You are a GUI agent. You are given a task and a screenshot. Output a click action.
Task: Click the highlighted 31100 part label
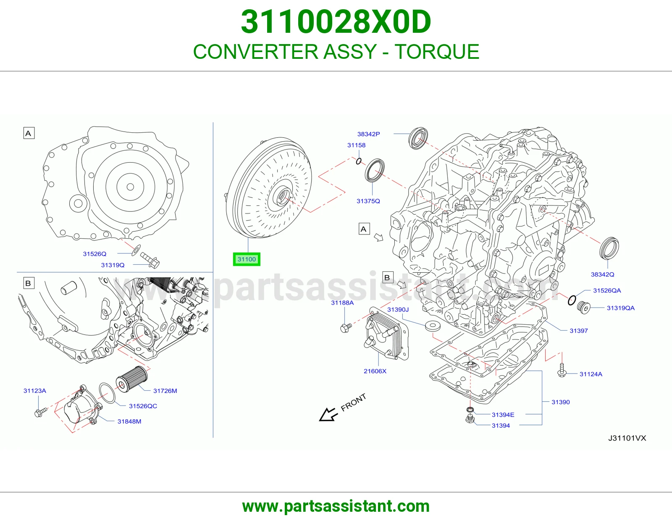click(247, 259)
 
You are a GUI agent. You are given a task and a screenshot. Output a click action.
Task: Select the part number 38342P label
click(368, 134)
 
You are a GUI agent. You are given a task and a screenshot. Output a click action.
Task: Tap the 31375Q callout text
click(368, 201)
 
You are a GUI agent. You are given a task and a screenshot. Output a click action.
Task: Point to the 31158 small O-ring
click(358, 161)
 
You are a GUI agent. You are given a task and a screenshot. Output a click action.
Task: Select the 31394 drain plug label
click(501, 426)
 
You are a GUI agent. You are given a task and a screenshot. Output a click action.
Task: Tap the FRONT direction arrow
click(328, 414)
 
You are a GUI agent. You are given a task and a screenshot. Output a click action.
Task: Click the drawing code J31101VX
click(627, 438)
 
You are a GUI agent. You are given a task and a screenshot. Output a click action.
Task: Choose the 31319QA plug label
click(620, 308)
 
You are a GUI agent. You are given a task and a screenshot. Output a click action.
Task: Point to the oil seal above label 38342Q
click(609, 248)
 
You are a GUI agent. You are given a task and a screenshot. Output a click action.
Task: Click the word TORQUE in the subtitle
click(437, 52)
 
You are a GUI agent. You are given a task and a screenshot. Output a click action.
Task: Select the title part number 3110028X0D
click(336, 22)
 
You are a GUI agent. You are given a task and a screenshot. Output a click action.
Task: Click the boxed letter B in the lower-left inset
click(29, 283)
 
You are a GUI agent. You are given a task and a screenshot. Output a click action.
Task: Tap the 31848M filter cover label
click(129, 421)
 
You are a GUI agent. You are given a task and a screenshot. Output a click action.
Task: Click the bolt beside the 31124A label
click(562, 370)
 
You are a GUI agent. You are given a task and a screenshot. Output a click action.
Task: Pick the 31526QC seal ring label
click(143, 406)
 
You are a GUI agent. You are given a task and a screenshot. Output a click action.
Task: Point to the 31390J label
click(398, 310)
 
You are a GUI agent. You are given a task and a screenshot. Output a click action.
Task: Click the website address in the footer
click(336, 506)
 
